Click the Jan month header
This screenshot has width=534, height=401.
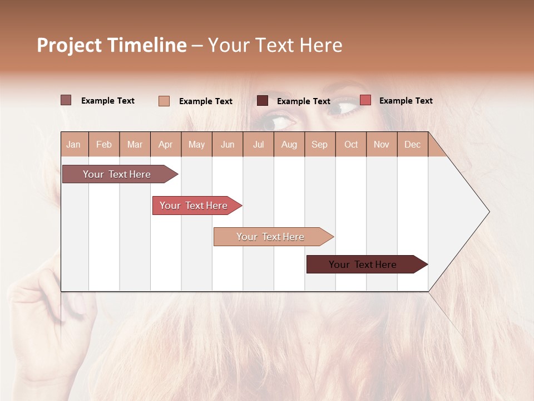click(x=74, y=144)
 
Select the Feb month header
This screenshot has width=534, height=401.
click(x=104, y=144)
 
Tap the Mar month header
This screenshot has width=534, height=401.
click(x=135, y=144)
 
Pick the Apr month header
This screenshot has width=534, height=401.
click(x=166, y=144)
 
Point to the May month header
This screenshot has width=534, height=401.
click(x=196, y=144)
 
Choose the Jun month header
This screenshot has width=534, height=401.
click(x=228, y=144)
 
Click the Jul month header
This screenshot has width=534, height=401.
click(x=258, y=144)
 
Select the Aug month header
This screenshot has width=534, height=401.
click(x=289, y=144)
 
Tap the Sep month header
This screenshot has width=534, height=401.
click(x=320, y=144)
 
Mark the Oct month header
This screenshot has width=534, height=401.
click(x=351, y=144)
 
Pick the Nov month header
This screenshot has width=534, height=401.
click(x=382, y=144)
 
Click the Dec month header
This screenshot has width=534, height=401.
click(x=413, y=144)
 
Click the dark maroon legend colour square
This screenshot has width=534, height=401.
click(x=263, y=101)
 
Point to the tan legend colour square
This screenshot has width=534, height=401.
click(x=164, y=101)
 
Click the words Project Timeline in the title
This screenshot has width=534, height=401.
click(x=112, y=45)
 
